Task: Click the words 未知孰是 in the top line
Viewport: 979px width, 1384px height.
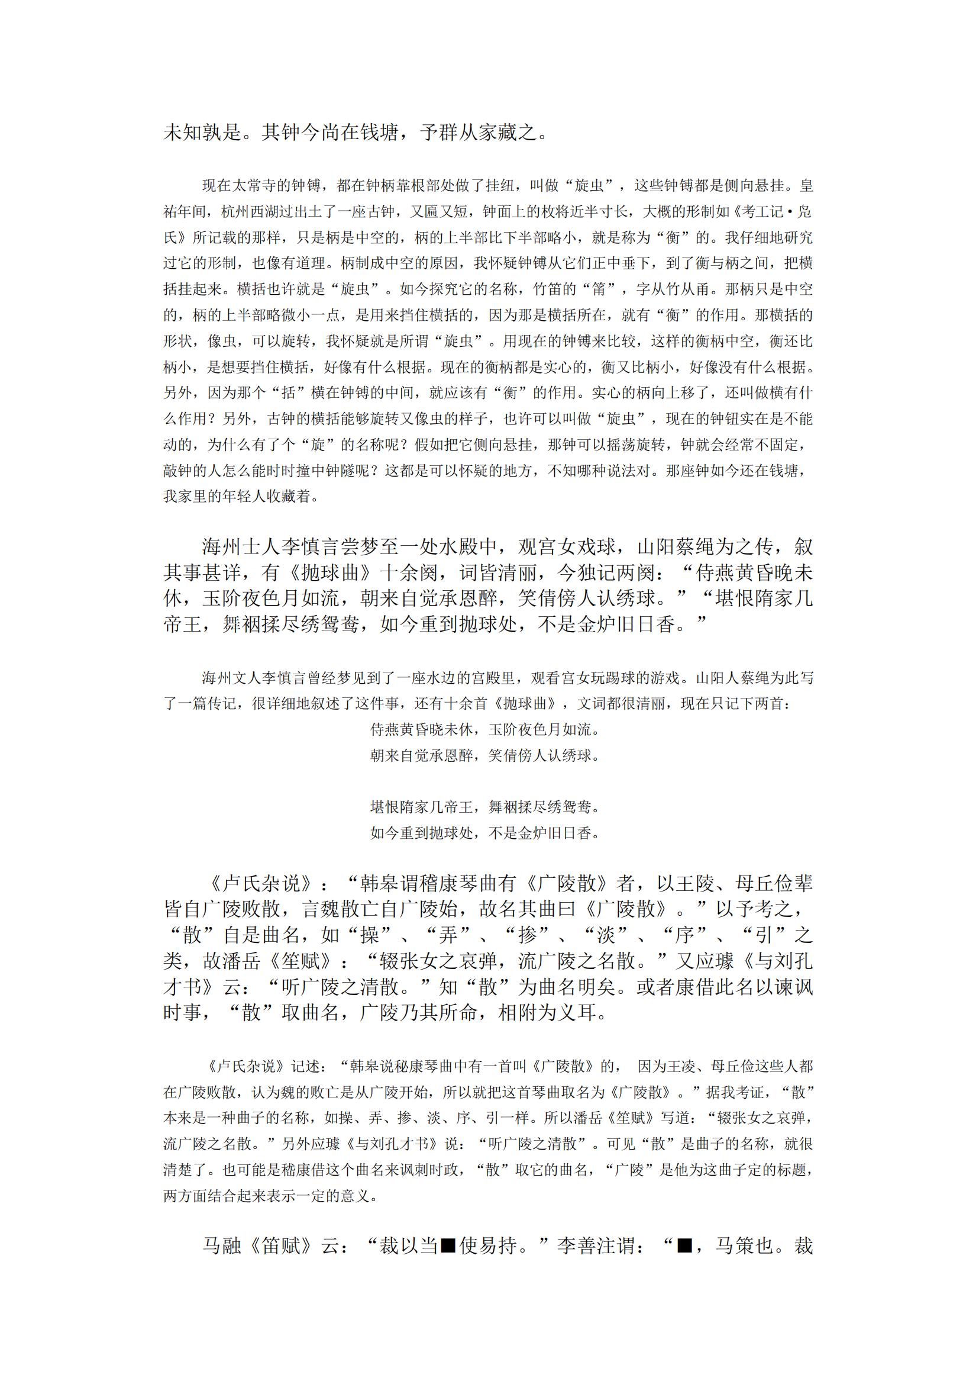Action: click(x=202, y=133)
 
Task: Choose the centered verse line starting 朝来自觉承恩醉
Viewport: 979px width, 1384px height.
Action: click(x=484, y=755)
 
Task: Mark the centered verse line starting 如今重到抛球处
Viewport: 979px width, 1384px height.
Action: click(x=484, y=833)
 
